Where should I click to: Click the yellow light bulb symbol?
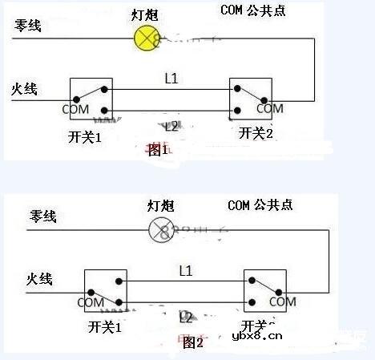tap(147, 38)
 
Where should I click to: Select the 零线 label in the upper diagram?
tap(27, 24)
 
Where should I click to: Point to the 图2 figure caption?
tap(193, 342)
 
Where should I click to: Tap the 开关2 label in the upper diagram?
tap(256, 133)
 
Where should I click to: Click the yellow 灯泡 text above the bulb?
tap(146, 14)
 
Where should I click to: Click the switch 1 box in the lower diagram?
tap(106, 290)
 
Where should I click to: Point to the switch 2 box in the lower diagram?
tap(265, 290)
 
